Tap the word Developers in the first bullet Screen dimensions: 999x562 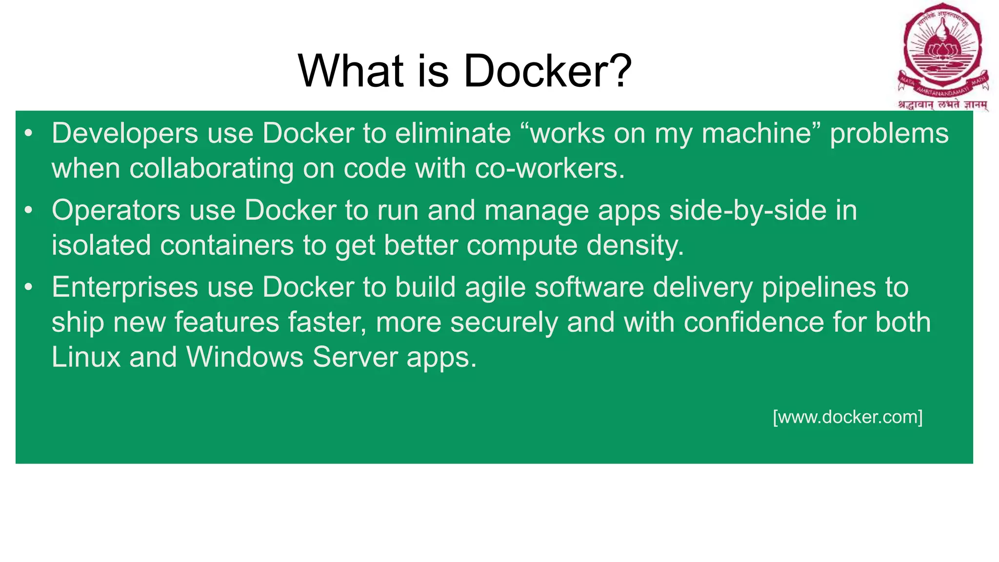click(x=125, y=134)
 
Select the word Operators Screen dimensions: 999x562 click(x=116, y=211)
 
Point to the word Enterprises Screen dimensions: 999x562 click(x=125, y=287)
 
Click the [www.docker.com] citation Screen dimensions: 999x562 click(x=848, y=417)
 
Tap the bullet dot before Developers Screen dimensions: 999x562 click(x=29, y=134)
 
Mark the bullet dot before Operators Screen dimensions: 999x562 click(x=29, y=211)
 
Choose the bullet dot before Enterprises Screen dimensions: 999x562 click(x=29, y=287)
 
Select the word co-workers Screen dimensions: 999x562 click(x=550, y=169)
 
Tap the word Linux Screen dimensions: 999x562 click(x=86, y=357)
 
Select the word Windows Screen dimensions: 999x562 click(x=245, y=357)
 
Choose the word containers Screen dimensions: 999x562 click(x=227, y=245)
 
